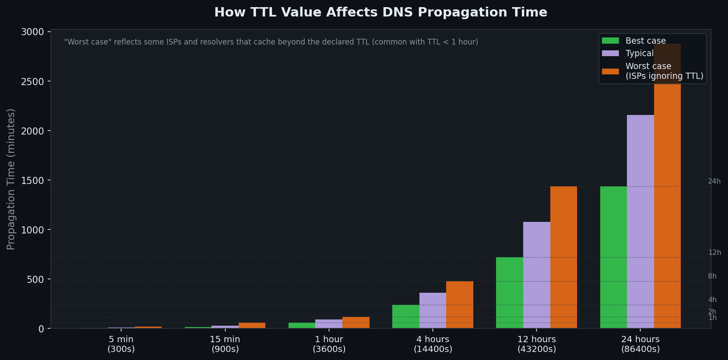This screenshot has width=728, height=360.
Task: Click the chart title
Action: point(381,12)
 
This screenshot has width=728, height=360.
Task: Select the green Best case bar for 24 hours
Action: point(614,257)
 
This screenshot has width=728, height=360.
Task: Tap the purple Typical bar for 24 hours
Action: point(640,221)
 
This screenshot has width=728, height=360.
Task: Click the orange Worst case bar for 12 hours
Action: point(563,257)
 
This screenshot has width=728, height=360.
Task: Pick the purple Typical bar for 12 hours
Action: point(537,275)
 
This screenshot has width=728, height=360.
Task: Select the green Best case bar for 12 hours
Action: point(509,293)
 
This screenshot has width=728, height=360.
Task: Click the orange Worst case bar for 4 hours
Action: point(460,305)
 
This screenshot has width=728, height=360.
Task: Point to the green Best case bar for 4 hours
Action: point(406,316)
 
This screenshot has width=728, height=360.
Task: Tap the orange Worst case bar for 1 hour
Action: point(356,323)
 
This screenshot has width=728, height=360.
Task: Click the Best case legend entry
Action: point(645,41)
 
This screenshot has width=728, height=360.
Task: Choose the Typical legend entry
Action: point(639,53)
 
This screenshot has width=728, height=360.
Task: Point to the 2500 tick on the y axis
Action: point(39,82)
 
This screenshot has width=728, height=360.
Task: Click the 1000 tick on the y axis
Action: point(39,230)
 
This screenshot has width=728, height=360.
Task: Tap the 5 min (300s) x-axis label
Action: point(121,344)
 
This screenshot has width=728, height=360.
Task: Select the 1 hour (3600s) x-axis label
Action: point(329,344)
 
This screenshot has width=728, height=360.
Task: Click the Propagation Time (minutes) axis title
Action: point(11,179)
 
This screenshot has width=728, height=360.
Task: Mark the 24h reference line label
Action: point(714,181)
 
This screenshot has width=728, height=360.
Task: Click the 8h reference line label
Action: point(712,276)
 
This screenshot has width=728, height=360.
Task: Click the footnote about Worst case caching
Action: point(271,42)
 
